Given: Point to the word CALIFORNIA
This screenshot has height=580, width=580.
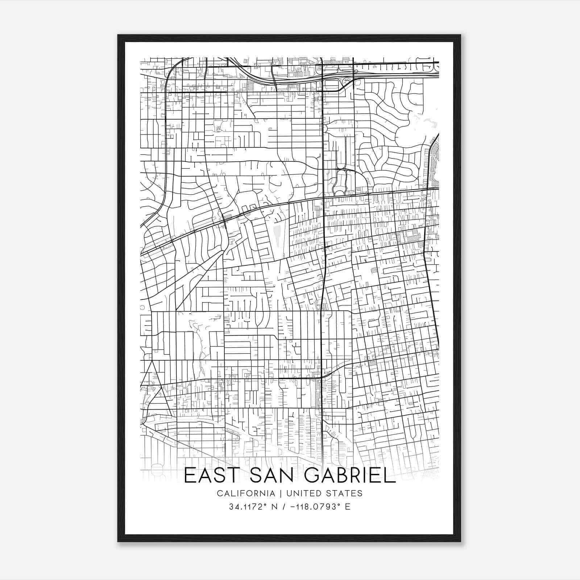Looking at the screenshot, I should coord(245,493).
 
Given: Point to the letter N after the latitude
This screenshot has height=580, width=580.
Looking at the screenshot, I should coord(274,506).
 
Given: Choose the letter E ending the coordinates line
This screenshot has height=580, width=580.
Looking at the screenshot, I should coord(348,506).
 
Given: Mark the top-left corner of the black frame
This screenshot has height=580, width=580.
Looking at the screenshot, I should coord(118,35).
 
